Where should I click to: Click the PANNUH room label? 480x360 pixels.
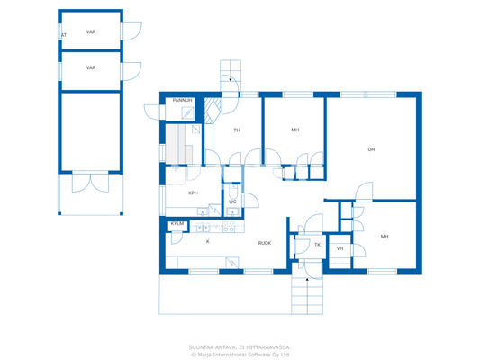pos(182,101)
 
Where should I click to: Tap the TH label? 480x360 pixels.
pos(237,130)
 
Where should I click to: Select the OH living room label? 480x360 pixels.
pos(370,149)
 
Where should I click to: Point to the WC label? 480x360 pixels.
pos(232,202)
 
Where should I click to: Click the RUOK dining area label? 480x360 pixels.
pos(265,243)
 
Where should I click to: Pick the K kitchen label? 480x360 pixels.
pos(207,241)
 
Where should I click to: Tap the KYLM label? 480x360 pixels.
pos(177,223)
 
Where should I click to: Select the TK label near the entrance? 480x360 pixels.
pos(317,245)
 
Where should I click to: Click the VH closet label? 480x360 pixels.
pos(340,248)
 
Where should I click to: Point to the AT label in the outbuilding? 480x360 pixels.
pos(63,36)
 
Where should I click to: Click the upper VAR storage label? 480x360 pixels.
pos(91,31)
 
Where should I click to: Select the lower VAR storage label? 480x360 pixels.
pos(91,67)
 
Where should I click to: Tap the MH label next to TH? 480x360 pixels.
pos(294,130)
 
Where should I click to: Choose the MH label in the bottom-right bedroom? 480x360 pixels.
pos(385,237)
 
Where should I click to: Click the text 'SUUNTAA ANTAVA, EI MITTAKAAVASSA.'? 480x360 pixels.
pos(240,346)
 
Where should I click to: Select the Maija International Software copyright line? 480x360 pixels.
pos(240,354)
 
